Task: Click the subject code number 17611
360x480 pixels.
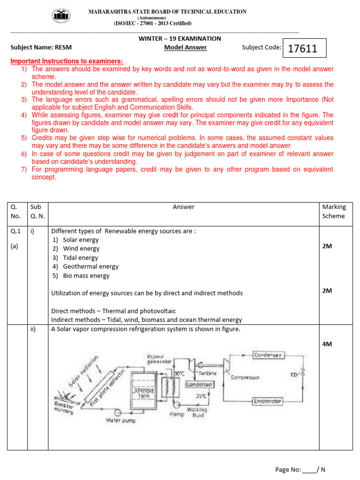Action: tap(303, 48)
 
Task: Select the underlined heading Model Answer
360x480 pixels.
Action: tap(185, 47)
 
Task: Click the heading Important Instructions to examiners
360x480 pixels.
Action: tap(67, 61)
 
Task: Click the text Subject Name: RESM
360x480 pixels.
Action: tap(41, 47)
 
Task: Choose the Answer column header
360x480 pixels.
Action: tap(183, 207)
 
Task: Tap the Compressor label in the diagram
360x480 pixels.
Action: tap(245, 377)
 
